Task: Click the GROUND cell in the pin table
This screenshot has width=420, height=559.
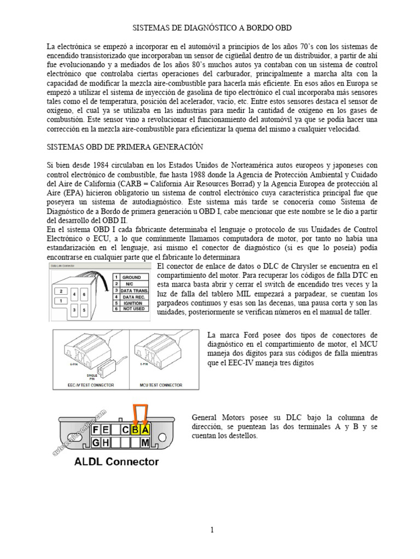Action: point(132,277)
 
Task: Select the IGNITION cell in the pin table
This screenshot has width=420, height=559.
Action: point(133,303)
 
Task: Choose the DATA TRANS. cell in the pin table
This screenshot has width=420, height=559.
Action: point(135,290)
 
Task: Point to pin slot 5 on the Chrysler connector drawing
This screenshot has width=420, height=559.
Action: point(84,310)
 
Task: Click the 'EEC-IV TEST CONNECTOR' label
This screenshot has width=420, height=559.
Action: point(91,385)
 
